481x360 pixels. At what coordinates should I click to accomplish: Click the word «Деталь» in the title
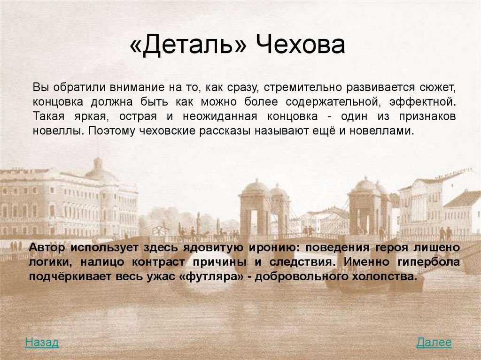pyautogui.click(x=188, y=45)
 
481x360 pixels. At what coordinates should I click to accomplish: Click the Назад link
pyautogui.click(x=42, y=342)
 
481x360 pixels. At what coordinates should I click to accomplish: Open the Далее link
pyautogui.click(x=434, y=342)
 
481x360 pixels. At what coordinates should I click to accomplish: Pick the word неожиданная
pyautogui.click(x=220, y=116)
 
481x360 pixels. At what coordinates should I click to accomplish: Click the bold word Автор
pyautogui.click(x=47, y=247)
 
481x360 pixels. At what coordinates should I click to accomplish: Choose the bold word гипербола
pyautogui.click(x=428, y=262)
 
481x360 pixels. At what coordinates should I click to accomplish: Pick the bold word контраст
pyautogui.click(x=159, y=262)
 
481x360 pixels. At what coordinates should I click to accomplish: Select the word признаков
pyautogui.click(x=427, y=117)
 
